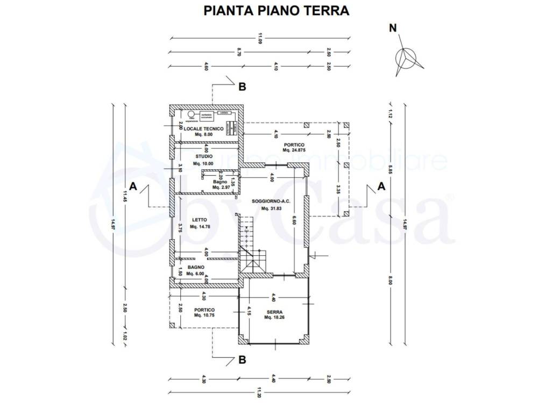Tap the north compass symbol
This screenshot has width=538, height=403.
pyautogui.click(x=407, y=57)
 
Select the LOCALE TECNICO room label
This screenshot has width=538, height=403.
pyautogui.click(x=203, y=129)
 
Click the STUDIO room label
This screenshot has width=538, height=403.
pyautogui.click(x=203, y=156)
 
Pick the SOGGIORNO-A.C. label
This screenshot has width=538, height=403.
pyautogui.click(x=272, y=201)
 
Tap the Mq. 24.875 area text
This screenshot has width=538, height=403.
pyautogui.click(x=293, y=151)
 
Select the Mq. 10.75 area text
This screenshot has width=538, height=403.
pyautogui.click(x=204, y=316)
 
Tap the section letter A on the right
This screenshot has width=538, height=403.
pyautogui.click(x=381, y=186)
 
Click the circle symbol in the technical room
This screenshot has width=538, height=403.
pyautogui.click(x=192, y=114)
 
